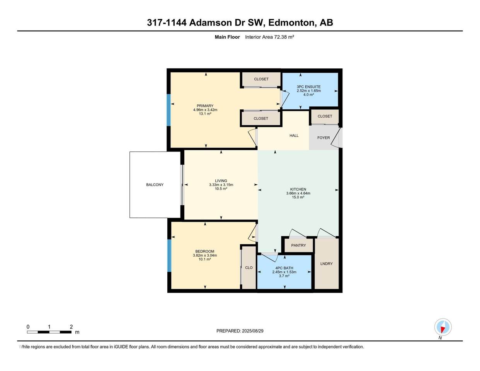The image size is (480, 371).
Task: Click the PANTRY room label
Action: [298, 245]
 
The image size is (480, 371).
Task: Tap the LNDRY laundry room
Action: [327, 264]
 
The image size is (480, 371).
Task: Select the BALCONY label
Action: [155, 185]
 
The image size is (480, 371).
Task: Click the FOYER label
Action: [323, 138]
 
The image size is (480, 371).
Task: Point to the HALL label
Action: [294, 136]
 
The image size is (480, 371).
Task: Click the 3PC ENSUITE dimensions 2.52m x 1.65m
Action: [308, 91]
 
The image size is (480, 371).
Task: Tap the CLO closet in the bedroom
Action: [249, 267]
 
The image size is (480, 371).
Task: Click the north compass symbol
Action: [443, 327]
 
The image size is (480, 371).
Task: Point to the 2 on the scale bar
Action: [71, 327]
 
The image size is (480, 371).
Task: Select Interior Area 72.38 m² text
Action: [270, 37]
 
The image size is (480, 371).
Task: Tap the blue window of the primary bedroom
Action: [169, 110]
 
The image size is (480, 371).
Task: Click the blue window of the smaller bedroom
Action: [169, 255]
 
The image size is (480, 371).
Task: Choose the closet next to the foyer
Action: [325, 116]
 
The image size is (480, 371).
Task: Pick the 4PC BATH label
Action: [284, 268]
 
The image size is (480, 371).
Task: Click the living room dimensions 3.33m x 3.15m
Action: [221, 185]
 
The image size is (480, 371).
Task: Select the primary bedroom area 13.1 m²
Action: [205, 114]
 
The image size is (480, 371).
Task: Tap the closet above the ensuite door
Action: [261, 79]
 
